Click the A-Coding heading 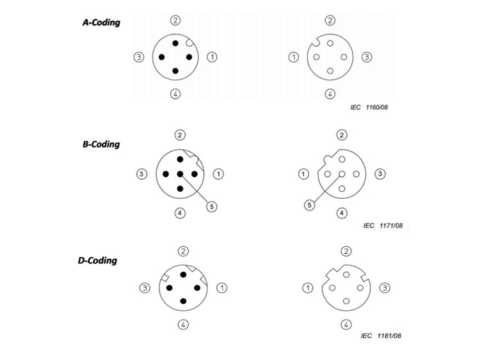click(101, 22)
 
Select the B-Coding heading click(101, 144)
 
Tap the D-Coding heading click(98, 260)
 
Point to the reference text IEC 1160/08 click(369, 107)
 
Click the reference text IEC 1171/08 click(383, 226)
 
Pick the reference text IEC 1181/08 click(381, 336)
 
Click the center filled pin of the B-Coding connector click(180, 174)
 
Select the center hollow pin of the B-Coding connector click(342, 174)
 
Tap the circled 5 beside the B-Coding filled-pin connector click(212, 207)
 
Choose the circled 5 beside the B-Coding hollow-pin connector click(310, 205)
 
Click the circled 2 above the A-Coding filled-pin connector click(175, 20)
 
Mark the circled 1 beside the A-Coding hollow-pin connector click(294, 57)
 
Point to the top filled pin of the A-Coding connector click(175, 43)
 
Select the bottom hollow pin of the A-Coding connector click(330, 71)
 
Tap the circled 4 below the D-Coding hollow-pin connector click(346, 325)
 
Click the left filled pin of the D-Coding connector click(170, 288)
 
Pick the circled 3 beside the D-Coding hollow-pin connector click(385, 288)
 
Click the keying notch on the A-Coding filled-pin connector click(190, 43)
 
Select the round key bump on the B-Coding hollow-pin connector click(327, 159)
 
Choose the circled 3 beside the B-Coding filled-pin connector click(141, 174)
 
